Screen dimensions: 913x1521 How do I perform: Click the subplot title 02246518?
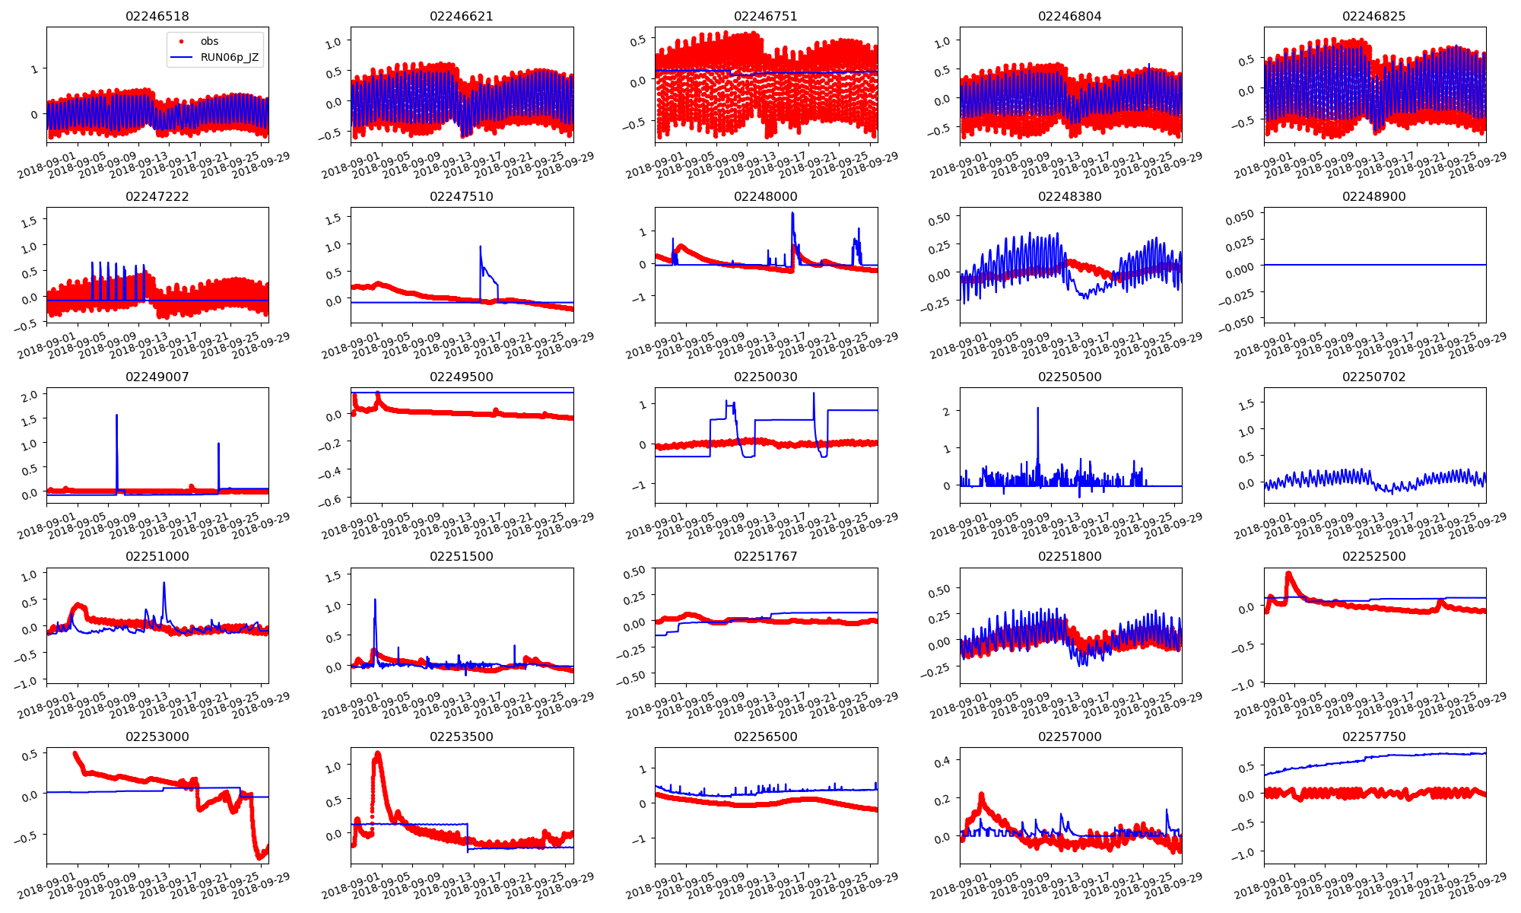click(x=157, y=16)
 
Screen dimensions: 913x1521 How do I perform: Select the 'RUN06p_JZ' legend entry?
click(x=229, y=57)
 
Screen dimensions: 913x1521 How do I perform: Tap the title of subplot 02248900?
click(x=1374, y=196)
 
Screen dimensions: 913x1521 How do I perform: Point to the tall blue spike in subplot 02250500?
click(x=1038, y=409)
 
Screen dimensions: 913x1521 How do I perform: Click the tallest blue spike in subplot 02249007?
click(x=116, y=415)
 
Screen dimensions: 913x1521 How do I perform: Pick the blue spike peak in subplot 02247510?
click(x=481, y=247)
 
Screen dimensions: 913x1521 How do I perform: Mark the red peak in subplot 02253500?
click(x=378, y=753)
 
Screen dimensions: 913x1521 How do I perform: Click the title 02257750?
click(x=1374, y=736)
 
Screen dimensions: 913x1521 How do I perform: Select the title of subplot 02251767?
click(x=766, y=556)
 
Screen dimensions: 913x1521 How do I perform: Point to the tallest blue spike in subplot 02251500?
click(x=375, y=600)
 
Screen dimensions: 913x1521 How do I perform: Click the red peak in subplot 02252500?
click(x=1288, y=573)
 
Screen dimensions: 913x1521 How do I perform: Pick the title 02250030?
click(x=766, y=377)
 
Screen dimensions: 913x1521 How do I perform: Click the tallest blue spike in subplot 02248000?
click(x=792, y=213)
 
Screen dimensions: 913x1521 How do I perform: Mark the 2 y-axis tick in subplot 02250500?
click(x=947, y=412)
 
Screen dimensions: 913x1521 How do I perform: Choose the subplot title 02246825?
click(x=1374, y=16)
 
